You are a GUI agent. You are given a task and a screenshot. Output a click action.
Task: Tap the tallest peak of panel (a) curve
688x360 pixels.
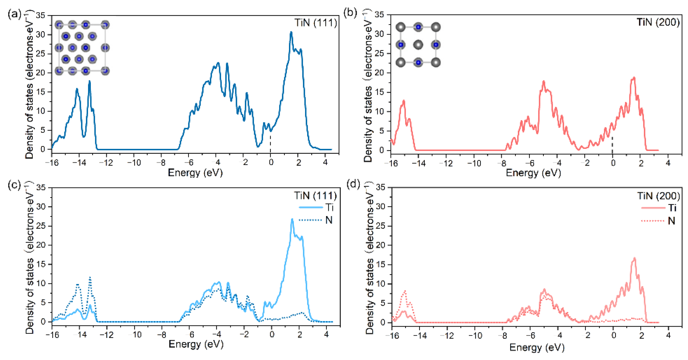(x=291, y=32)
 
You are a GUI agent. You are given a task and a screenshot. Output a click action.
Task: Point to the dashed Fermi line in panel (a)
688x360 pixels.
(x=270, y=143)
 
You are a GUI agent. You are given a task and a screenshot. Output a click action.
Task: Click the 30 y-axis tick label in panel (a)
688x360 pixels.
(x=41, y=35)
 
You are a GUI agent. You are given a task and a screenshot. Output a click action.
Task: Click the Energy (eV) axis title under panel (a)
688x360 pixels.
(x=195, y=173)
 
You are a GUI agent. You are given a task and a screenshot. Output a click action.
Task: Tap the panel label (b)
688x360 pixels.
(x=350, y=13)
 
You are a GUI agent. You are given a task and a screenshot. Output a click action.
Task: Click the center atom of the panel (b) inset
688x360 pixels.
(x=418, y=45)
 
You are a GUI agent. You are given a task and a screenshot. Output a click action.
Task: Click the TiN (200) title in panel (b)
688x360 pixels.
(x=658, y=22)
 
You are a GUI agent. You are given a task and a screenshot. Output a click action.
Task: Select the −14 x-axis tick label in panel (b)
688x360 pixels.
(x=419, y=163)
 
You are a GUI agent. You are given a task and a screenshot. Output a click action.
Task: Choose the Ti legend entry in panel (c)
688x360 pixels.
(x=329, y=207)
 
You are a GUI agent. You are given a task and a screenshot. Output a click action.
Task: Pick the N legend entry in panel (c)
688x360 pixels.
(x=329, y=220)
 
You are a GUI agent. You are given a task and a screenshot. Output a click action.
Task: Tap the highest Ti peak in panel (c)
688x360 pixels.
(x=292, y=219)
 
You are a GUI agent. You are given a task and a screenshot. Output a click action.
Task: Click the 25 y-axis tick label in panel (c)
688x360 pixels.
(x=41, y=226)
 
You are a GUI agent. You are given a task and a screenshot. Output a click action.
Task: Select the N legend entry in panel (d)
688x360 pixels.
(x=671, y=221)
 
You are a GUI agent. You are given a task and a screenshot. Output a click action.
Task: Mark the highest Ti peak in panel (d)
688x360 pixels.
(x=634, y=258)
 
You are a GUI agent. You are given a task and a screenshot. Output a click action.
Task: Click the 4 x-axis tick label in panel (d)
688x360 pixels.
(x=668, y=335)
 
